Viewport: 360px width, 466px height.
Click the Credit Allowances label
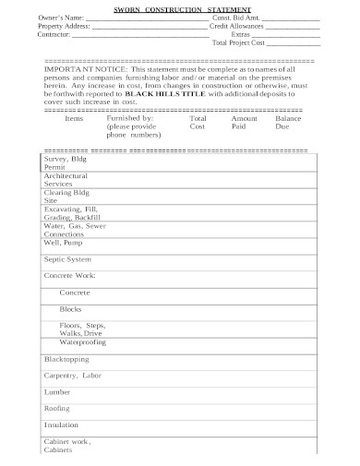pyautogui.click(x=239, y=27)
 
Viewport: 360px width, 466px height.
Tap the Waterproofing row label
pyautogui.click(x=84, y=341)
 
